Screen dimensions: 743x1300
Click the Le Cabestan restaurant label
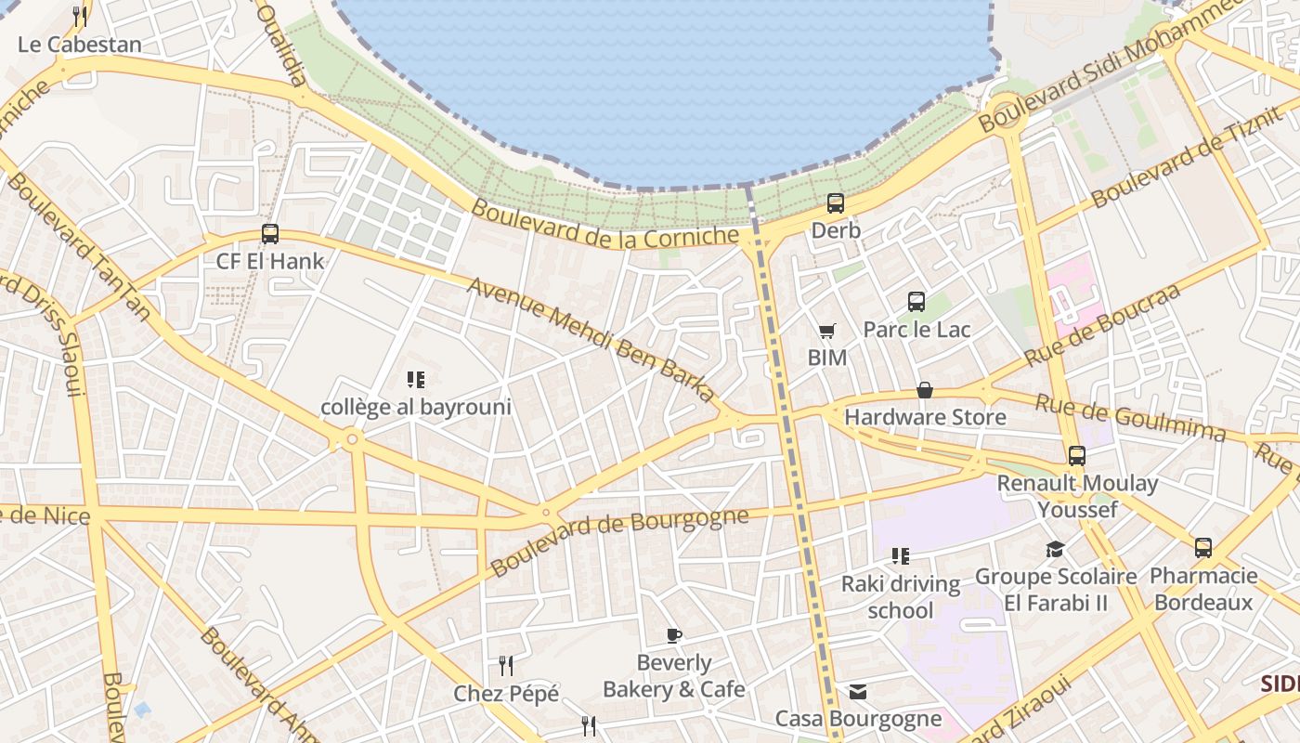pyautogui.click(x=80, y=44)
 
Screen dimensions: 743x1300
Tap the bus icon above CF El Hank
pyautogui.click(x=270, y=234)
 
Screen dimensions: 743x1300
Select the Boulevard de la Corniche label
pyautogui.click(x=604, y=224)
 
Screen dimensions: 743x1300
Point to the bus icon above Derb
pyautogui.click(x=836, y=203)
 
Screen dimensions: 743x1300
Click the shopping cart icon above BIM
pyautogui.click(x=826, y=332)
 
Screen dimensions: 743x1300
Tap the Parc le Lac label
pyautogui.click(x=916, y=330)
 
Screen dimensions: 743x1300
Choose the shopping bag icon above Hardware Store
pyautogui.click(x=925, y=391)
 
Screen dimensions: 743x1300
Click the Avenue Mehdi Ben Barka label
pyautogui.click(x=592, y=339)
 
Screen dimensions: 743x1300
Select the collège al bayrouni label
pyautogui.click(x=416, y=407)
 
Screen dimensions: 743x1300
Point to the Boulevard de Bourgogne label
pyautogui.click(x=619, y=541)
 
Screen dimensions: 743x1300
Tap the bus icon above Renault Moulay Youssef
pyautogui.click(x=1077, y=456)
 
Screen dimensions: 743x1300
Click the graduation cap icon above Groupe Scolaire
pyautogui.click(x=1055, y=550)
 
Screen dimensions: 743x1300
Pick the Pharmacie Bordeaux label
pyautogui.click(x=1203, y=589)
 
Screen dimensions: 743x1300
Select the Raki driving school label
pyautogui.click(x=901, y=597)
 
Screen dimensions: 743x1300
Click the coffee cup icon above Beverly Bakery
pyautogui.click(x=674, y=636)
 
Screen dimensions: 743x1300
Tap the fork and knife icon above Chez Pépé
pyautogui.click(x=506, y=666)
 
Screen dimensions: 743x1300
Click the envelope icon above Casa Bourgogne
pyautogui.click(x=858, y=692)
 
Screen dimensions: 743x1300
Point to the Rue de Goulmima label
pyautogui.click(x=1130, y=418)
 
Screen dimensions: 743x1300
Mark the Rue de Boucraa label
pyautogui.click(x=1102, y=325)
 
